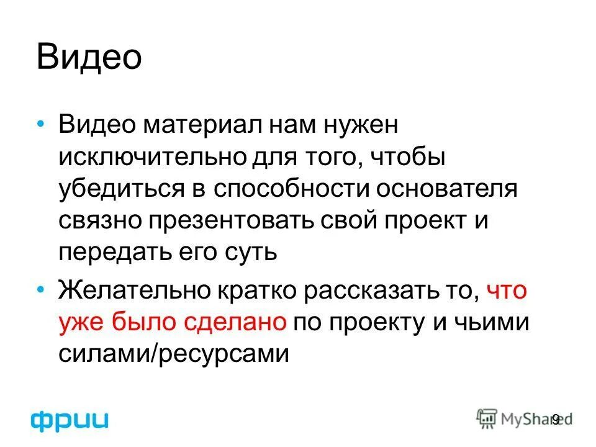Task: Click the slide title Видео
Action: pyautogui.click(x=90, y=57)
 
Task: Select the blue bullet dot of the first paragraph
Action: pyautogui.click(x=41, y=125)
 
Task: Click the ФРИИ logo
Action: pyautogui.click(x=70, y=420)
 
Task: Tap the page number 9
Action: pyautogui.click(x=556, y=420)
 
